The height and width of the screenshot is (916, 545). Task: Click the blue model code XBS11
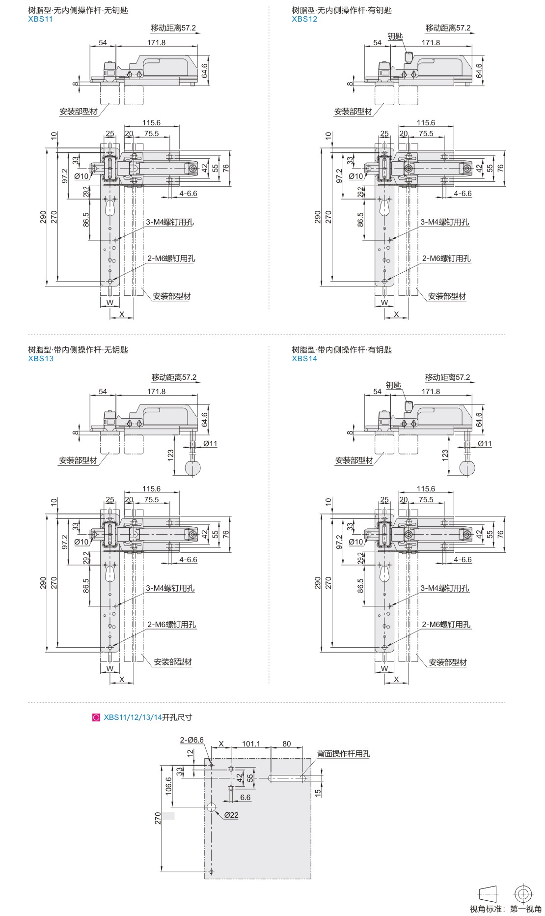click(40, 19)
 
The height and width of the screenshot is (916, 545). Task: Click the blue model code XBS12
click(304, 19)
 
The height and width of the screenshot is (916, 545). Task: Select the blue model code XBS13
click(41, 358)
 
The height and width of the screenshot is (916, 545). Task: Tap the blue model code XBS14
click(304, 358)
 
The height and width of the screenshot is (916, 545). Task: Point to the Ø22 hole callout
click(231, 815)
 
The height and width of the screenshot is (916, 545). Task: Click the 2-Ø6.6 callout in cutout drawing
click(191, 740)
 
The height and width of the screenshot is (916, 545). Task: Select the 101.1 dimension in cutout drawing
click(251, 744)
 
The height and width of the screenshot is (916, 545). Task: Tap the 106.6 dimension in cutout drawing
click(169, 786)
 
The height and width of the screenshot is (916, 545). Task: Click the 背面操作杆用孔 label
click(343, 753)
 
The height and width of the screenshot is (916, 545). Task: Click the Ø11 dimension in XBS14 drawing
click(485, 443)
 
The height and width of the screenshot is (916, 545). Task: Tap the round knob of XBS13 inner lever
click(193, 468)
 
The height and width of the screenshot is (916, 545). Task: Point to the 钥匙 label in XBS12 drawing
click(395, 36)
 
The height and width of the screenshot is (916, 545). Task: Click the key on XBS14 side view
click(408, 406)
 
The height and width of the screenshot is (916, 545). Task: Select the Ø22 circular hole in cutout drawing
click(211, 806)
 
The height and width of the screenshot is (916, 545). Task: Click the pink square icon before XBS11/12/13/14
click(96, 717)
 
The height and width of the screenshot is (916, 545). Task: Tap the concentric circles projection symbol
click(523, 893)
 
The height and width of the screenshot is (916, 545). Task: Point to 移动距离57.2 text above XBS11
click(173, 28)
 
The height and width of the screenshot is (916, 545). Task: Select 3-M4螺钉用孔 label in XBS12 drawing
click(444, 222)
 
